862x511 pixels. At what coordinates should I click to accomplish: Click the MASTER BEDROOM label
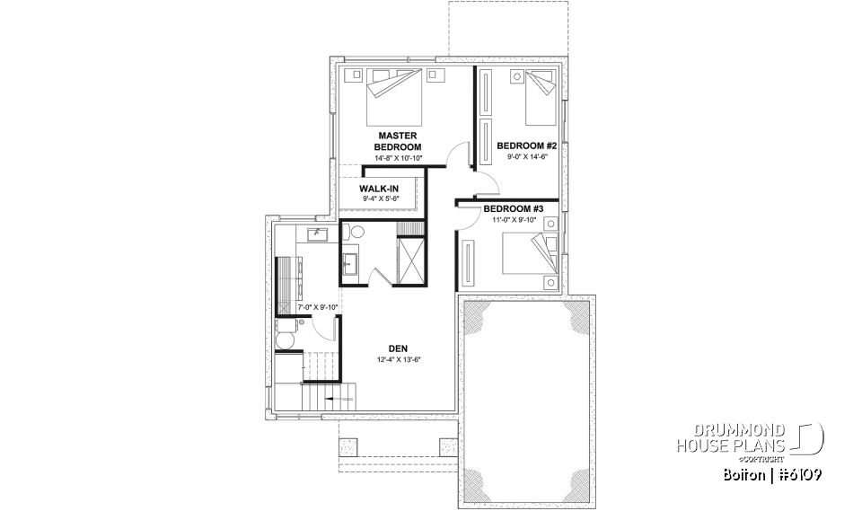click(x=396, y=141)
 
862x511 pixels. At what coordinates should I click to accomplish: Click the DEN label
click(x=399, y=348)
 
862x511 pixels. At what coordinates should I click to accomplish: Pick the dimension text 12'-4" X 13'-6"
click(x=399, y=360)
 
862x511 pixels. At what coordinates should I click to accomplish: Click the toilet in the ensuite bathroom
click(x=355, y=233)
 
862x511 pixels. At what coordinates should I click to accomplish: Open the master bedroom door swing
click(x=459, y=154)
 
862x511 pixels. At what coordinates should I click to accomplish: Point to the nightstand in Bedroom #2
click(x=516, y=77)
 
